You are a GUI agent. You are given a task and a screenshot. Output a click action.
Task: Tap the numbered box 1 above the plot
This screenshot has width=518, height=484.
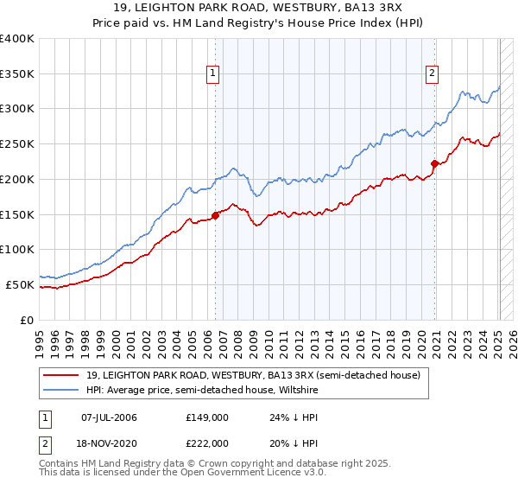(x=212, y=74)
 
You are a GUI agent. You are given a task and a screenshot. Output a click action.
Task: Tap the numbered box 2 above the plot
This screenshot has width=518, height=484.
(x=432, y=74)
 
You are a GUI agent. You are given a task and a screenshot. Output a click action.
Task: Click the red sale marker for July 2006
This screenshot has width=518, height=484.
(x=215, y=216)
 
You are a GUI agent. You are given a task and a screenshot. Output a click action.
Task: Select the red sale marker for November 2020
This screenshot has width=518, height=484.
(x=434, y=163)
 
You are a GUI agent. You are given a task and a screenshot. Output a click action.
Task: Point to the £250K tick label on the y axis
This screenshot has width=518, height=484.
(x=17, y=144)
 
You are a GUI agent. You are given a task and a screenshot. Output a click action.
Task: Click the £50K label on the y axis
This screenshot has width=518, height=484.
(x=21, y=284)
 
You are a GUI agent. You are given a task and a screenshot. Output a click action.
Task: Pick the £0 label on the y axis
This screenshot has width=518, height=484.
(x=27, y=320)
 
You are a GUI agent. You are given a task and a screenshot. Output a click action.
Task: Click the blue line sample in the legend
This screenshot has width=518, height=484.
(x=62, y=389)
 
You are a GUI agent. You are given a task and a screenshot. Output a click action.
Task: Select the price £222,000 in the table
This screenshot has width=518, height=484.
(x=206, y=443)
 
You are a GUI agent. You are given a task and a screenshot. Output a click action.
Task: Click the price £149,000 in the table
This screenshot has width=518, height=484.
(x=206, y=417)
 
